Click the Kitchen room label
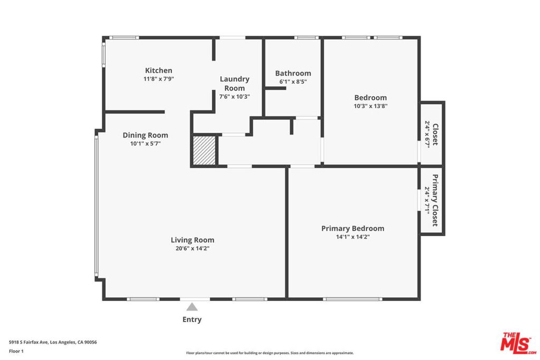click(158, 71)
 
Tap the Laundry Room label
click(235, 83)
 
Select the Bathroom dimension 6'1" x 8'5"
click(293, 82)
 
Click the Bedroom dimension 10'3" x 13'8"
click(371, 106)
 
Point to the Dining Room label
click(146, 135)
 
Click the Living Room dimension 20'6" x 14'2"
click(192, 248)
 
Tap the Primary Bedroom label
click(353, 228)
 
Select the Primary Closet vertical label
click(435, 200)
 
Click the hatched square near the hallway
click(204, 150)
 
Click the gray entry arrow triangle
click(192, 307)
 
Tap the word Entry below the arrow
click(192, 319)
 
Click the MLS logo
click(518, 343)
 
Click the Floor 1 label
click(16, 351)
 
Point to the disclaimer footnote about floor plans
click(269, 353)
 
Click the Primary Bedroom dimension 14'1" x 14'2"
click(353, 237)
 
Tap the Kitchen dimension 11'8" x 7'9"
click(158, 79)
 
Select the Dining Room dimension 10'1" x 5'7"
click(146, 143)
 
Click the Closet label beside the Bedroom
click(435, 134)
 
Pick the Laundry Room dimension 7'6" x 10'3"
click(235, 96)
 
